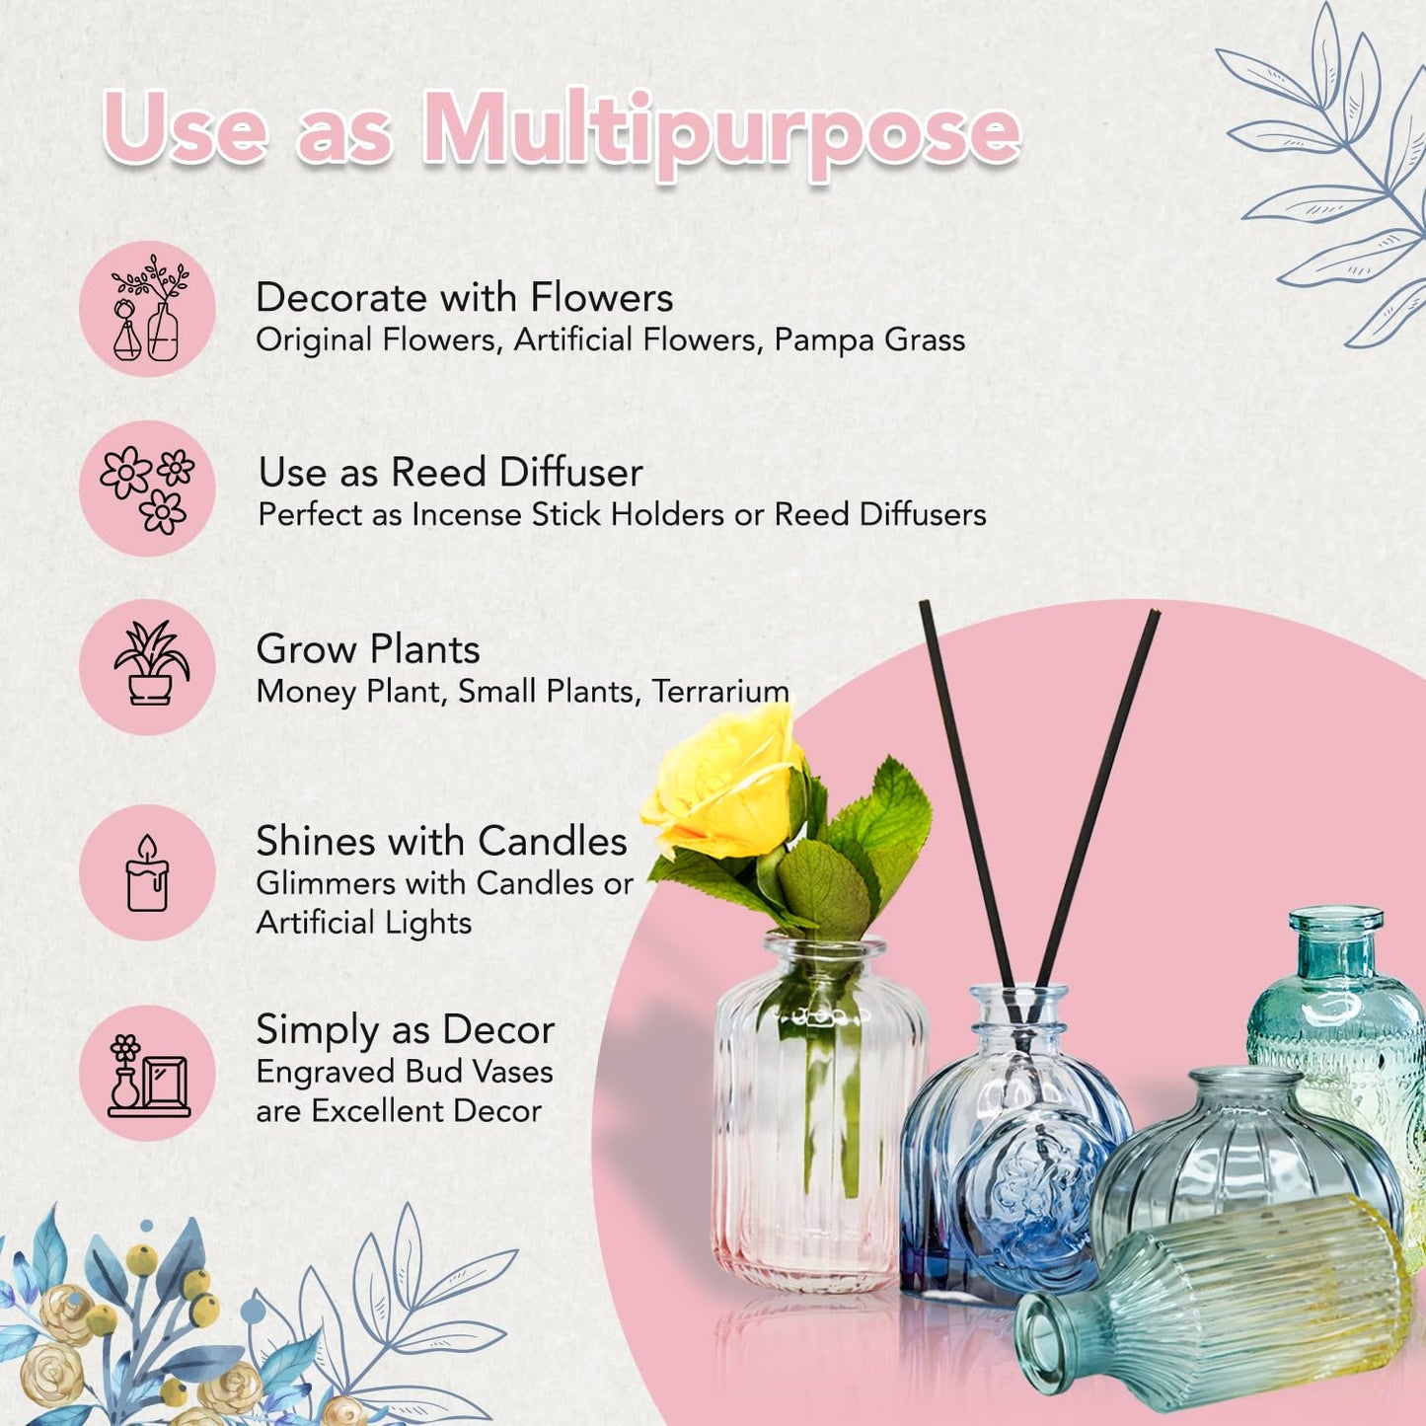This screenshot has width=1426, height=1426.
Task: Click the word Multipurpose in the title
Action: tap(721, 133)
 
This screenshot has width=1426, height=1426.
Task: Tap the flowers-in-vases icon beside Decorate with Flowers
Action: tap(149, 308)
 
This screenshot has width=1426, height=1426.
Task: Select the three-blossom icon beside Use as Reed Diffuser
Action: tap(147, 489)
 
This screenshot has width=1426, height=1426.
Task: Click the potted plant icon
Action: tap(151, 663)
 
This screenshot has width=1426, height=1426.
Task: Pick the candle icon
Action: tap(147, 872)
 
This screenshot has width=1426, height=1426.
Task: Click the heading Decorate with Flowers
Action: tap(464, 297)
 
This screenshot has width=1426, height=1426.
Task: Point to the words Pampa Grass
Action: tap(869, 340)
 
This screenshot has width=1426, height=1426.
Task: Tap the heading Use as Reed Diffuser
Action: tap(451, 472)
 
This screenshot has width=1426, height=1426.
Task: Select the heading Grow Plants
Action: tap(368, 649)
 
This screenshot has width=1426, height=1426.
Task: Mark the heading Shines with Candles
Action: tap(442, 842)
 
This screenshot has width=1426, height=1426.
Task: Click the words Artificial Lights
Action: tap(364, 923)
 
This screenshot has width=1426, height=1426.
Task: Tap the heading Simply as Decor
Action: tap(406, 1029)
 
